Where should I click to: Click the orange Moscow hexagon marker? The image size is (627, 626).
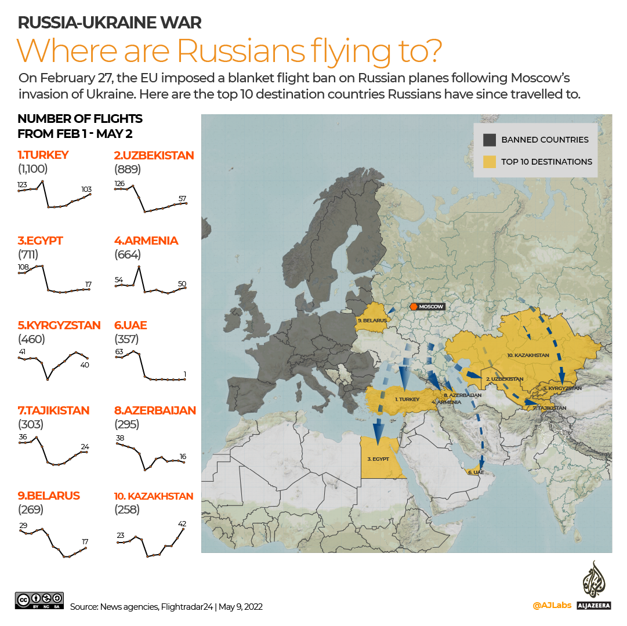(x=414, y=307)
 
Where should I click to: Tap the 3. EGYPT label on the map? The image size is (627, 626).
(x=378, y=458)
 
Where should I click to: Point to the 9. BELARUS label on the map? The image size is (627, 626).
(x=371, y=319)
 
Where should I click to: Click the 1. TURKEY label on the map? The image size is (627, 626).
(x=407, y=399)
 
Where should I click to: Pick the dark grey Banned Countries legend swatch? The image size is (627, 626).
(x=490, y=140)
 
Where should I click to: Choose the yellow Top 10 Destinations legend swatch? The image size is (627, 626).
(x=490, y=162)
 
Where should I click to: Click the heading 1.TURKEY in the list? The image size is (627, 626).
(x=43, y=155)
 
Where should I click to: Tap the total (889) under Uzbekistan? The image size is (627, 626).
(x=127, y=169)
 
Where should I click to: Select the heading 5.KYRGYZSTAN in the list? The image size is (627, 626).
(x=59, y=325)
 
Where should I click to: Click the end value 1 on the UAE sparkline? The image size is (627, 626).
(x=184, y=373)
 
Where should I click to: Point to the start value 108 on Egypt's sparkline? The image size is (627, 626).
(x=23, y=267)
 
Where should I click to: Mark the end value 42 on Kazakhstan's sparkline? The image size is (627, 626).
(x=182, y=523)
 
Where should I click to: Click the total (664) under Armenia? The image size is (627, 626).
(x=127, y=254)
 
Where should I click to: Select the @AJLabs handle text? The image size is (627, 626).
(x=552, y=605)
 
